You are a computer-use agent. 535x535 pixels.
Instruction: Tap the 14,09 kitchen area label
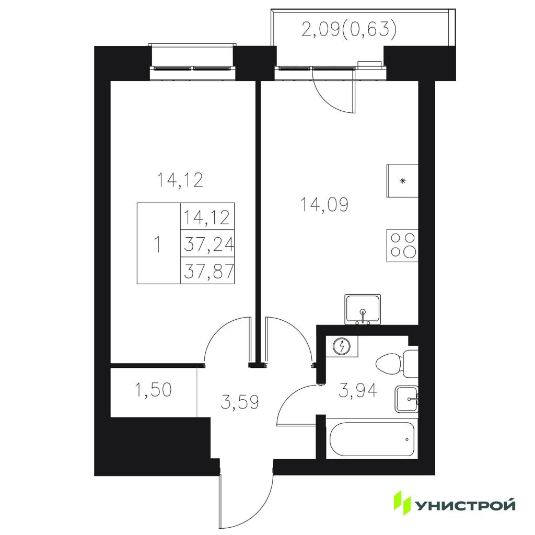[x=324, y=205]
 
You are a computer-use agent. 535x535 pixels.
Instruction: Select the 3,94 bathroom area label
[x=358, y=390]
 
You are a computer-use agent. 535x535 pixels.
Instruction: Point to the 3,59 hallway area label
[x=240, y=402]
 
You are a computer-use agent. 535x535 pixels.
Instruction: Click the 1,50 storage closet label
[x=153, y=390]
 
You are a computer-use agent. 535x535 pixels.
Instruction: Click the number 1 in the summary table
[x=157, y=245]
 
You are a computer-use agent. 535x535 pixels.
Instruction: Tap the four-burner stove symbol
[x=402, y=245]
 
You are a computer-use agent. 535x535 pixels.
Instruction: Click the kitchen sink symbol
[x=363, y=309]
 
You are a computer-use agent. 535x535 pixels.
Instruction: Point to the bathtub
[x=372, y=439]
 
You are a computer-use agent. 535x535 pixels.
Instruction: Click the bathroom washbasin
[x=406, y=399]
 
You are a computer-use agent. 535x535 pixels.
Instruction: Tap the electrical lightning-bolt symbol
[x=342, y=347]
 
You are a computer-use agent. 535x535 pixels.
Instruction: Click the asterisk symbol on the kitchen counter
[x=403, y=181]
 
